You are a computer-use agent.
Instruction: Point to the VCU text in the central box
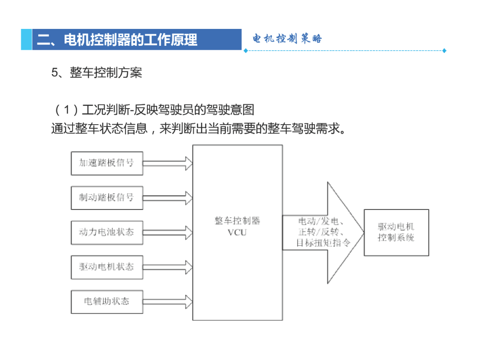coord(237,233)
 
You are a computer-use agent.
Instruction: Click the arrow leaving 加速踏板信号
coord(168,163)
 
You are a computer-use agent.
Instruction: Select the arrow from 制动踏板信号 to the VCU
coord(168,198)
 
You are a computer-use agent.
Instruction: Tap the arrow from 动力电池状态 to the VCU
coord(168,233)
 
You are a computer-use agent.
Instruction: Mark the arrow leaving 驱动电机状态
coord(168,267)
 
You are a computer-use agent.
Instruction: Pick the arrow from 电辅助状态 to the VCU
coord(168,302)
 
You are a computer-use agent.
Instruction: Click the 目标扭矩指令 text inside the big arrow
coord(323,243)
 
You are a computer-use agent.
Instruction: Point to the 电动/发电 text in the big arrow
coord(318,221)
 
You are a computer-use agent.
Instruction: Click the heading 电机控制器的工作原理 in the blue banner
coord(130,40)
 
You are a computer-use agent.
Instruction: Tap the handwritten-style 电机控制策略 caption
coord(287,39)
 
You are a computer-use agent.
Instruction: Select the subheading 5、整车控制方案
coord(97,73)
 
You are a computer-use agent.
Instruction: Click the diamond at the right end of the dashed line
coord(444,51)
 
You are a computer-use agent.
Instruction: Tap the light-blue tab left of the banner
coord(26,40)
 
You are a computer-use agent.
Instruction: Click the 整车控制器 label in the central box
coord(237,221)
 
